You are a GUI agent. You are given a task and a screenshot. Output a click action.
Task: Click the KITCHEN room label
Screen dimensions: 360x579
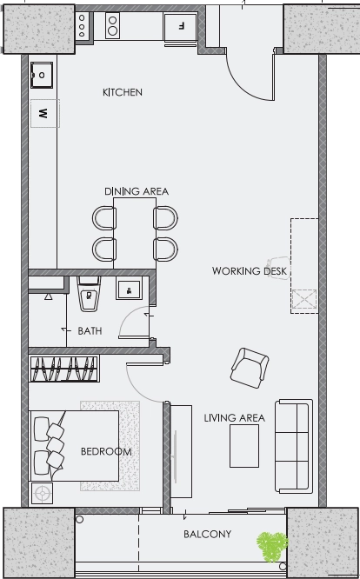click(123, 92)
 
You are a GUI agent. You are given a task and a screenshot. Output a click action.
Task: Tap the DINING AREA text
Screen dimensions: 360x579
click(137, 191)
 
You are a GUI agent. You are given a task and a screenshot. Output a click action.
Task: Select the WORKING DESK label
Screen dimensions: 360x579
click(250, 271)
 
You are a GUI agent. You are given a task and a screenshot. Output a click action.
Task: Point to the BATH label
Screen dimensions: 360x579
click(90, 331)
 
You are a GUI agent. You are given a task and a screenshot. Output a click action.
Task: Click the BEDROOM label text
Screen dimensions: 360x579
click(106, 451)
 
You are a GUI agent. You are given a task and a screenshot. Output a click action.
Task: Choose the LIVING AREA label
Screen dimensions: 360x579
click(235, 418)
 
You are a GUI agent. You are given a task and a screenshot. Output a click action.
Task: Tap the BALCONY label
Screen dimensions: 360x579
click(207, 534)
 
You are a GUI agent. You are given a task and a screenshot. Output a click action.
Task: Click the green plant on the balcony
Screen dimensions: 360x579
click(272, 546)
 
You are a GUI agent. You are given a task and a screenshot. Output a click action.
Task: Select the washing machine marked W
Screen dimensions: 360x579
click(45, 113)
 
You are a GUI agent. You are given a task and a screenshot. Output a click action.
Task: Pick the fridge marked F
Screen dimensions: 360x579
click(181, 26)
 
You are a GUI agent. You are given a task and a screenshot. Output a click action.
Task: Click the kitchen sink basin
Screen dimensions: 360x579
click(42, 75)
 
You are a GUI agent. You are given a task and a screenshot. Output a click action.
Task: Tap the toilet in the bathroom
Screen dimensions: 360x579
click(89, 294)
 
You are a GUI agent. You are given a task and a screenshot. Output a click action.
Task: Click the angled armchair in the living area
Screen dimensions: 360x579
click(250, 368)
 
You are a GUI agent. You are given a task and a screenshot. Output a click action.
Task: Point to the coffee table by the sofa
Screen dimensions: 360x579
click(244, 446)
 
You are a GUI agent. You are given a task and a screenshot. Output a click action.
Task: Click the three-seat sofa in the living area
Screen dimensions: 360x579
click(294, 446)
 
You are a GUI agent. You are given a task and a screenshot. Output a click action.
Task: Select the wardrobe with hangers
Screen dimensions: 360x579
click(64, 369)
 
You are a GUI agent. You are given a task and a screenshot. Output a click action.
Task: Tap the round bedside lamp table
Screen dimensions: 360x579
click(42, 493)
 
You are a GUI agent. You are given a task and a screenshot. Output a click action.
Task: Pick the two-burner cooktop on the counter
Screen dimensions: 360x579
click(112, 25)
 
